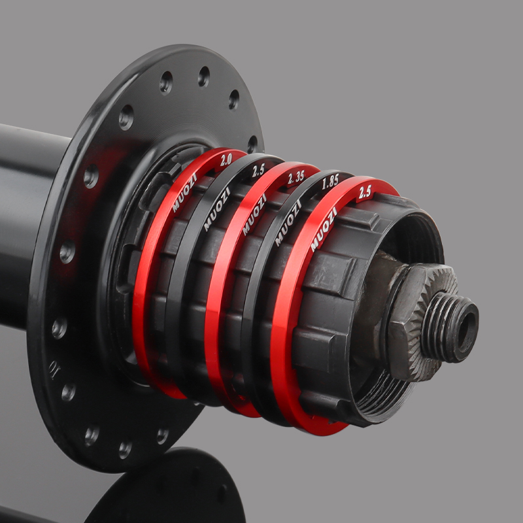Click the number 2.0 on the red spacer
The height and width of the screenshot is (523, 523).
point(226,160)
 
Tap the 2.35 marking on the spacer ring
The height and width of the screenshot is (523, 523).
point(296,178)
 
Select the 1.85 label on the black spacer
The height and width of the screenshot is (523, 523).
point(330,182)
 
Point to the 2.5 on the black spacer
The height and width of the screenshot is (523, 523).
point(258,171)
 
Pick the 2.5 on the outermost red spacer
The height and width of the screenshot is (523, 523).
point(365,192)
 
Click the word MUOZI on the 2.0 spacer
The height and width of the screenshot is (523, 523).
point(184,193)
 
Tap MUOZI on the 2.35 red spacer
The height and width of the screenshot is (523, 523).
point(254,214)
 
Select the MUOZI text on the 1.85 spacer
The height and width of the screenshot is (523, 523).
point(288,223)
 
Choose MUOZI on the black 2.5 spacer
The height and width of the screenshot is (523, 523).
point(217,209)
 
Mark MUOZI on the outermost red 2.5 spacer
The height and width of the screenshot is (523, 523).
point(324,229)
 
